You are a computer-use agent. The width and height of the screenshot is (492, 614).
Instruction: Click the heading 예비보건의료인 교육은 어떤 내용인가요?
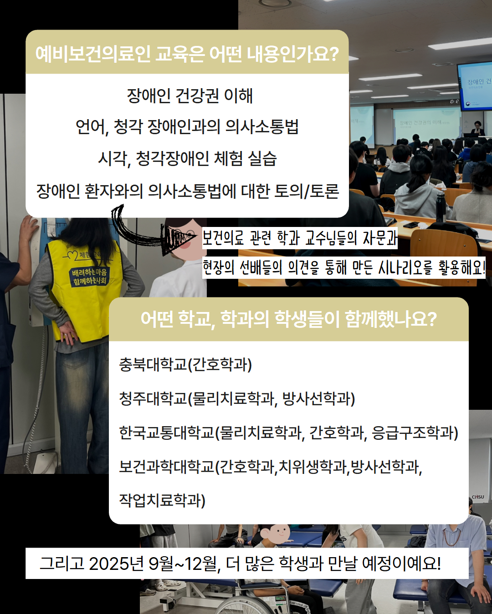187,54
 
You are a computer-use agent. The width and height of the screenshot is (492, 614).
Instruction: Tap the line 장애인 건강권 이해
190,96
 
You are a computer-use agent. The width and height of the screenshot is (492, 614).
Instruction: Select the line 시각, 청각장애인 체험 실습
187,159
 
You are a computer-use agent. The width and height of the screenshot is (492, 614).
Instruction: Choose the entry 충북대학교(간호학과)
185,364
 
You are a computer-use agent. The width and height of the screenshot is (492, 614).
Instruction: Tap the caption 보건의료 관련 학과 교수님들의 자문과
300,238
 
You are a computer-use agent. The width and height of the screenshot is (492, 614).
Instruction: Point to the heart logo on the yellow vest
72,255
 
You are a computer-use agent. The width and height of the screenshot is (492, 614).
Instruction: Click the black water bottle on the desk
441,207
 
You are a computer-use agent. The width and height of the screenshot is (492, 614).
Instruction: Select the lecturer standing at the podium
477,129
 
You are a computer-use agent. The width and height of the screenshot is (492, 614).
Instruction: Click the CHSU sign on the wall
478,497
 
